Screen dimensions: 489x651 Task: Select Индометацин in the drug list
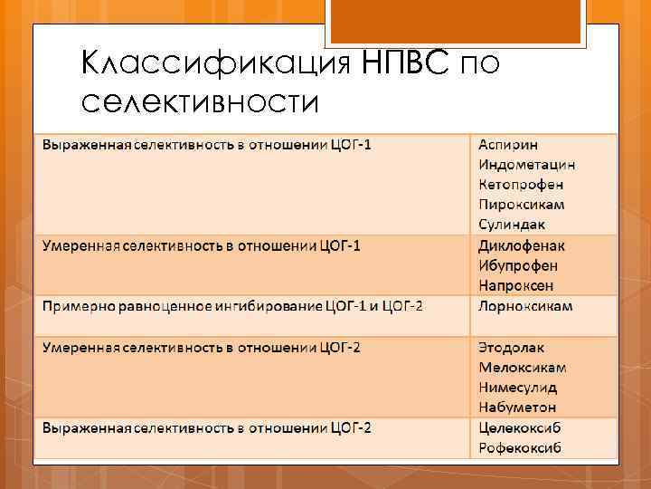coord(539,165)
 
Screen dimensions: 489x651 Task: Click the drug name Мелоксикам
coord(528,367)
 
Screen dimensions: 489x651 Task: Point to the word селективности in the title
coord(200,103)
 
